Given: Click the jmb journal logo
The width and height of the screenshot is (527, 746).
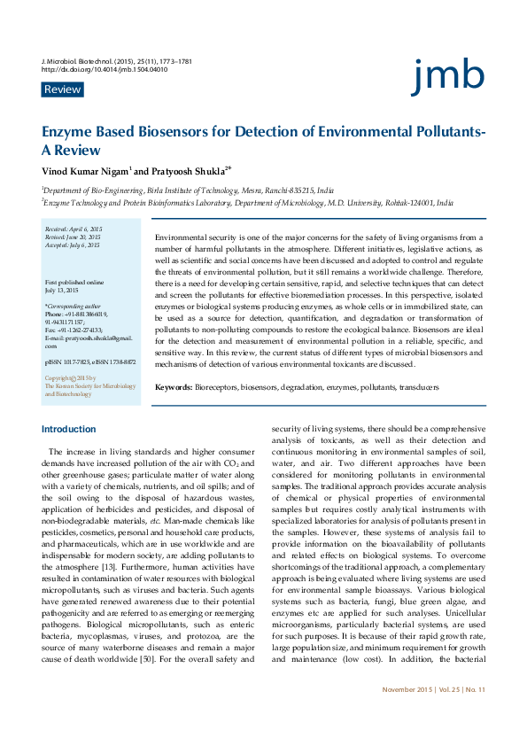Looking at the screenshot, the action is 448,77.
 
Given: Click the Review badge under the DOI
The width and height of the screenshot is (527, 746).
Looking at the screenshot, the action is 62,89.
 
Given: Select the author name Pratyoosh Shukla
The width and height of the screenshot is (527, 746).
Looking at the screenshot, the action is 185,169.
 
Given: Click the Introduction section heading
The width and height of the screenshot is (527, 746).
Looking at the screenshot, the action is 69,430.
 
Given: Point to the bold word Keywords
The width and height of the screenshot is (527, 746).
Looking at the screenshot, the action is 174,387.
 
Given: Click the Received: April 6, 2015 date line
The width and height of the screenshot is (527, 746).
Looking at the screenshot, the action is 74,229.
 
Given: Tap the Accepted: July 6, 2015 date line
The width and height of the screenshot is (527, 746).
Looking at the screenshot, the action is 72,245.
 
